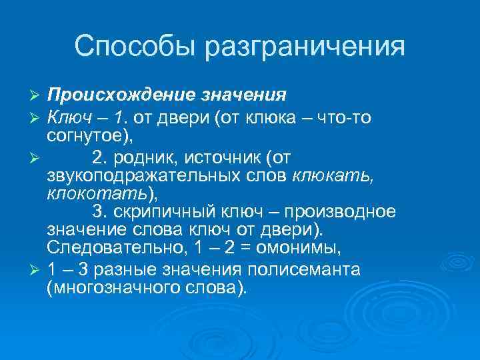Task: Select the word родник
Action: tap(143, 157)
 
